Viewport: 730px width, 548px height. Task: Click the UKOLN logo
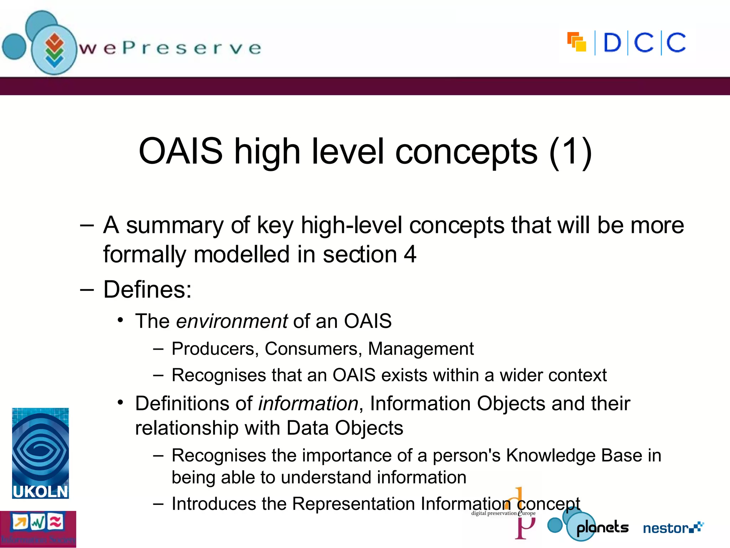point(40,453)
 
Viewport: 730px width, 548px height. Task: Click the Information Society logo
point(38,529)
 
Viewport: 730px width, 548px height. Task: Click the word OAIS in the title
point(180,151)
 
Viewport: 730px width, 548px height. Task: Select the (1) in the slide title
point(570,151)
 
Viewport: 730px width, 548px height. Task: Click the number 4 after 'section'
point(410,254)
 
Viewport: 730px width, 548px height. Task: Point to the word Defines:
point(147,289)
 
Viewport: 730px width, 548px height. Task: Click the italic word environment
point(232,321)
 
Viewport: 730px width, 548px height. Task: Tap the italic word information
point(308,404)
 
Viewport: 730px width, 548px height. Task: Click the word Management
point(421,349)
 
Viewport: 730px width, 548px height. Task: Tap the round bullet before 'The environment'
point(120,320)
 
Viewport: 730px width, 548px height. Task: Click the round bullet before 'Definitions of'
point(120,403)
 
